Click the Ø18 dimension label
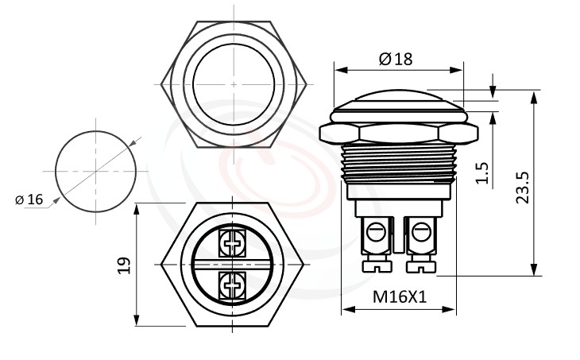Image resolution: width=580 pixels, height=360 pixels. (x=396, y=59)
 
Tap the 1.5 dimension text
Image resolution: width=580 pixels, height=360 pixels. (x=481, y=172)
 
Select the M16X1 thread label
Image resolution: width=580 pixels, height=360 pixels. (x=400, y=297)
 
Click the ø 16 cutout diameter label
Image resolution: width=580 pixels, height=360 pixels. (x=29, y=199)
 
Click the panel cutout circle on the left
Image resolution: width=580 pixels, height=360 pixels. (x=101, y=171)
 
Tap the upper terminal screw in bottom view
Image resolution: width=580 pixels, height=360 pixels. (x=233, y=243)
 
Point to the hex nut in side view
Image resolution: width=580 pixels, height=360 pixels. (x=395, y=132)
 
